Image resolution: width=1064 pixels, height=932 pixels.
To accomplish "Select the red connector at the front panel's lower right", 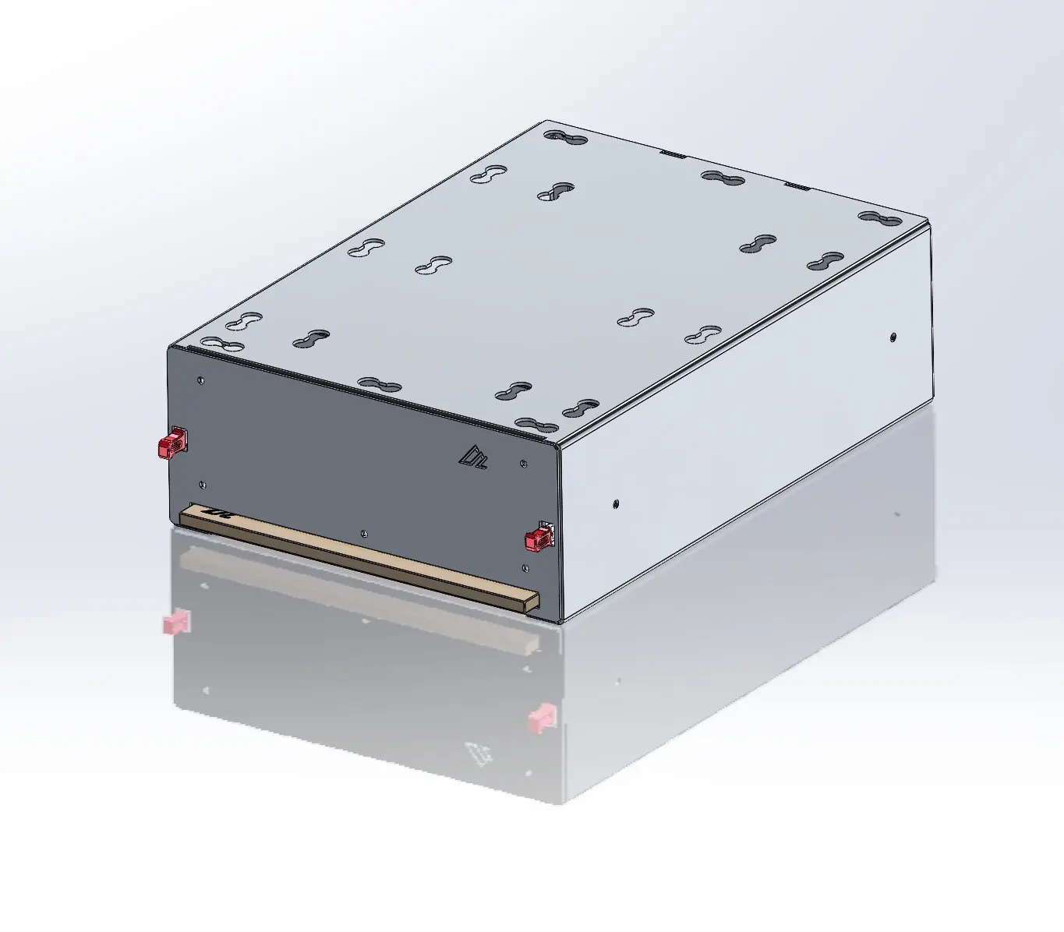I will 539,537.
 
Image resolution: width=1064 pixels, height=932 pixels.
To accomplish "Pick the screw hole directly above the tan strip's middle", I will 364,534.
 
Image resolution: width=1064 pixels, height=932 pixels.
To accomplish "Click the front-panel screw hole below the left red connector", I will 203,485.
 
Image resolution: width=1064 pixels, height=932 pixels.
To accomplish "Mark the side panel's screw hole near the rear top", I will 893,337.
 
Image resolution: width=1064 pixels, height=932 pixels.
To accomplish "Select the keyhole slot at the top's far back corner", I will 566,138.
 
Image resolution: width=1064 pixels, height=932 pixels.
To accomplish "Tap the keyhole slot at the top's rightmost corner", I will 879,217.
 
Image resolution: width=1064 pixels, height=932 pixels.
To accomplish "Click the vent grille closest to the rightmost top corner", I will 797,185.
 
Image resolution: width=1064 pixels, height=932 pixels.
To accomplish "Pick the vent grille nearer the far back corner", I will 673,154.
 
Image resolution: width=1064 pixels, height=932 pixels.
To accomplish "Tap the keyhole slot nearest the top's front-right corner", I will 537,425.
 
